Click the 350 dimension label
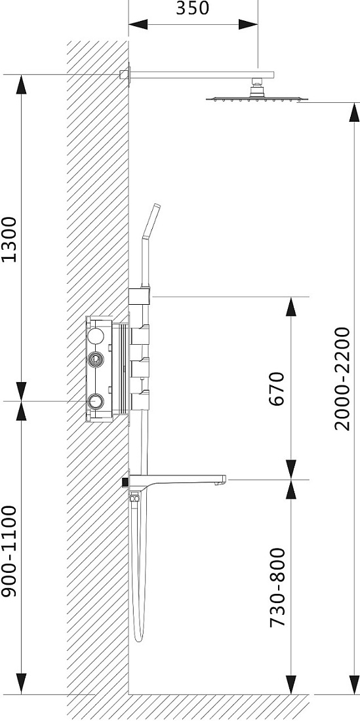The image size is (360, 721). tap(193, 8)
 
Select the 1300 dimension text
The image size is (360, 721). tap(9, 239)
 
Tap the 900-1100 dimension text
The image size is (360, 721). tap(9, 551)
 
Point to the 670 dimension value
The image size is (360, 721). tap(277, 389)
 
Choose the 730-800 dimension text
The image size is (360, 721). tap(277, 587)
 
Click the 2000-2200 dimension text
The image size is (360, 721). tap(342, 378)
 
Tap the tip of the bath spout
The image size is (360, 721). tap(224, 480)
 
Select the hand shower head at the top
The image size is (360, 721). tap(151, 221)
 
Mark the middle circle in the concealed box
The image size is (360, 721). tap(96, 359)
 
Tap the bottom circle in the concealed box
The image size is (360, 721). tap(96, 401)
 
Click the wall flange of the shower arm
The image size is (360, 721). tap(125, 75)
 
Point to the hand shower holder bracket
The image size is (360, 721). tap(139, 296)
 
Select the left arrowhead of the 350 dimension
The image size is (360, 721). tap(138, 24)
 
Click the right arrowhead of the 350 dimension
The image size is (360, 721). tap(248, 24)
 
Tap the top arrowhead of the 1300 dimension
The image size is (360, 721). tap(21, 85)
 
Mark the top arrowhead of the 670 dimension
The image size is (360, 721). tap(290, 307)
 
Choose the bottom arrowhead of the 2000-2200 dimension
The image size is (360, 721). tap(354, 685)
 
